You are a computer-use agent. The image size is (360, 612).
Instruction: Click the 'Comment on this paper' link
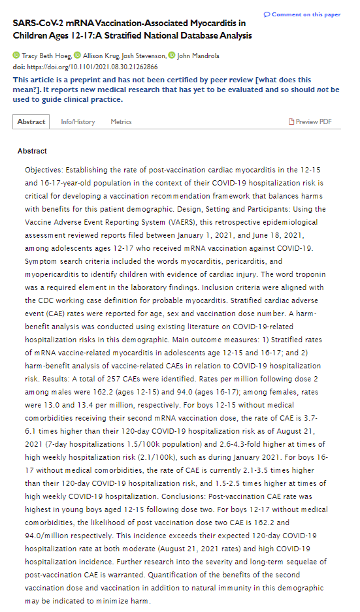click(306, 14)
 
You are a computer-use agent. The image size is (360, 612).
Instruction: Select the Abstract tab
click(31, 121)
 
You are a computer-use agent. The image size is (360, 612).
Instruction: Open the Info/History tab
click(78, 121)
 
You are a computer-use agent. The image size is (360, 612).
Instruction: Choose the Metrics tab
click(121, 121)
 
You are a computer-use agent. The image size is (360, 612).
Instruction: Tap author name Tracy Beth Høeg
click(44, 56)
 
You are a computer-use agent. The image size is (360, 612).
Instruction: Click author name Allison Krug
click(101, 56)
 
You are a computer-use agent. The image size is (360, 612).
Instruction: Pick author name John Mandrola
click(200, 56)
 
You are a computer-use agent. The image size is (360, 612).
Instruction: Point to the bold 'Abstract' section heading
click(32, 152)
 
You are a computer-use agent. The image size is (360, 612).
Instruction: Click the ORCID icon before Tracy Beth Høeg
click(16, 56)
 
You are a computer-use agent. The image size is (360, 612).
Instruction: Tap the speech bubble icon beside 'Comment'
click(267, 14)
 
